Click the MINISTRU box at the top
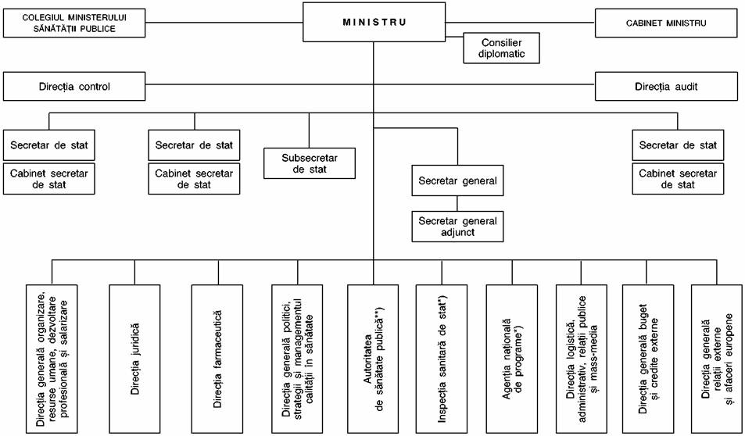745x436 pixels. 374,23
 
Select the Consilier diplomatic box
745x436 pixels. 502,48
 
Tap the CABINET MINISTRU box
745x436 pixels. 668,23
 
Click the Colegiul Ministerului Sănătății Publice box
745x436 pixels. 74,23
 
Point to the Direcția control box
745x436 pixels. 74,87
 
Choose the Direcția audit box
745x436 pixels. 668,87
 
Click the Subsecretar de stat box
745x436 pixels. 310,163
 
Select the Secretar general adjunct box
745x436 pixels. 457,227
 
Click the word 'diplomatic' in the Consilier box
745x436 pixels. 502,54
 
